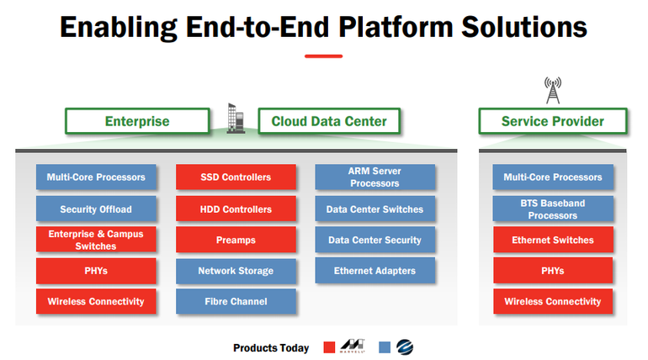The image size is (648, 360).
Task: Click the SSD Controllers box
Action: tap(236, 177)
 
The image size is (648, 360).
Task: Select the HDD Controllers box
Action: tap(236, 209)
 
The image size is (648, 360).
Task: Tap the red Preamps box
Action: tap(236, 240)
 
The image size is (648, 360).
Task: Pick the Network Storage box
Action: tap(236, 271)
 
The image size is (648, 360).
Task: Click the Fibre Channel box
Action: tap(236, 301)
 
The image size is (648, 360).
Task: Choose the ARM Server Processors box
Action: tap(374, 177)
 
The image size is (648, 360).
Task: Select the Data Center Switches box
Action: tap(374, 209)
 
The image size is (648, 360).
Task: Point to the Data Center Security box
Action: tap(374, 240)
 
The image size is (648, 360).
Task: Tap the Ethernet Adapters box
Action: tap(374, 270)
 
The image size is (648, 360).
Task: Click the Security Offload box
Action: tap(96, 209)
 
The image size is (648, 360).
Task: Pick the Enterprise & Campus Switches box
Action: tap(96, 240)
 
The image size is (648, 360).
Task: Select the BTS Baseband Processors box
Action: tap(553, 209)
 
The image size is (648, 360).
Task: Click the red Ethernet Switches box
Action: tap(553, 240)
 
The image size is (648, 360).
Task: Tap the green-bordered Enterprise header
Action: tap(137, 121)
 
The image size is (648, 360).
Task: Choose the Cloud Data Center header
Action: tap(329, 121)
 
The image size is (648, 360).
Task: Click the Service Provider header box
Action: tap(553, 121)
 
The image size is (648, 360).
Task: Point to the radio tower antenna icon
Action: tap(553, 90)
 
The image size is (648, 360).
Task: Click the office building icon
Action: tap(236, 118)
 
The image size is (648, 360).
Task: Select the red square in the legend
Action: tap(329, 347)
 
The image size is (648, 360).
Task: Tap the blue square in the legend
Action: tap(385, 347)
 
